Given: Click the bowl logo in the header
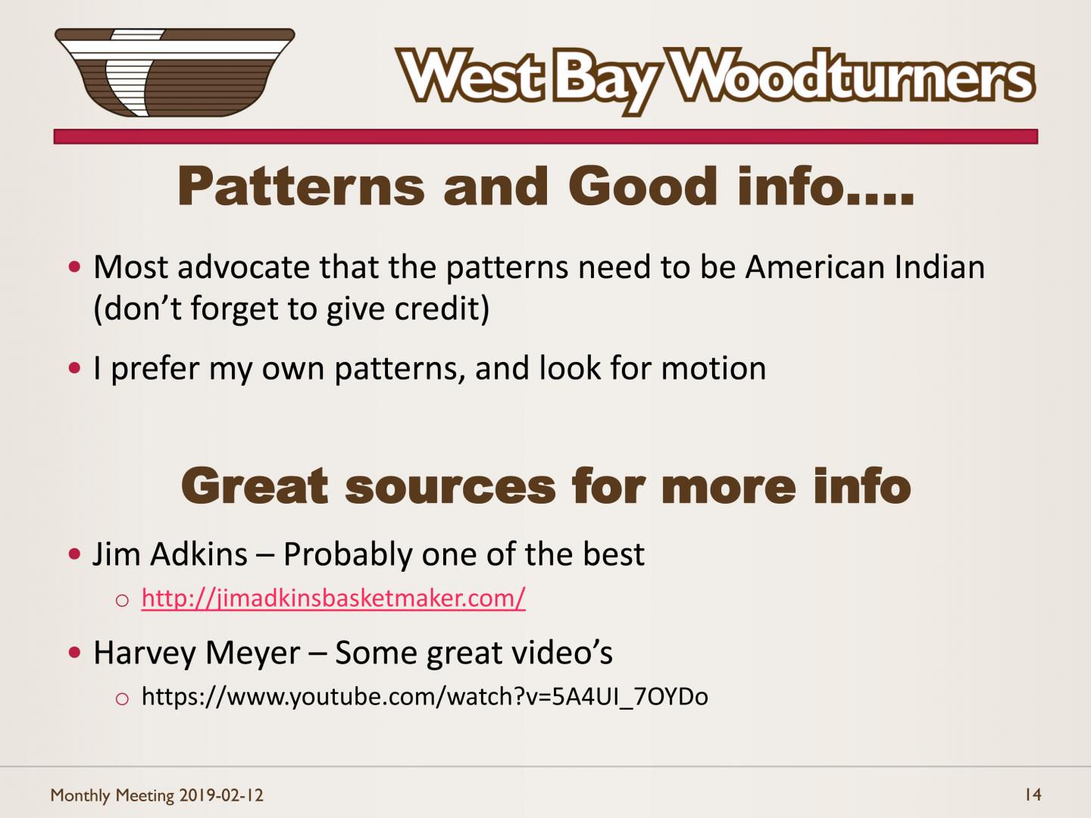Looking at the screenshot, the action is [174, 73].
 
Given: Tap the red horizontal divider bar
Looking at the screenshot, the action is [545, 136].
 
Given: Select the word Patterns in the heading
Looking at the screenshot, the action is [302, 186].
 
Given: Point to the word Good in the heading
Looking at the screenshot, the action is [642, 186].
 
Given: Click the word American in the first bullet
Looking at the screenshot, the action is [815, 267].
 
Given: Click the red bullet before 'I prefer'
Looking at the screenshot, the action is [74, 368].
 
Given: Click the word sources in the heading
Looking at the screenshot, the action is [450, 488].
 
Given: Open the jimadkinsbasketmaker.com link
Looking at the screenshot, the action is [333, 598].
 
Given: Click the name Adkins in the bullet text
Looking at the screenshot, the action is [199, 554].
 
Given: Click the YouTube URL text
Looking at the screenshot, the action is [425, 696].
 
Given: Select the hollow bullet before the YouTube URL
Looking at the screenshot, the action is [122, 699].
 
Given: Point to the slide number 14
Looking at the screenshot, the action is [1033, 795].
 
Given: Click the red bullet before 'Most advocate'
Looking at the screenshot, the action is [74, 267].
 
